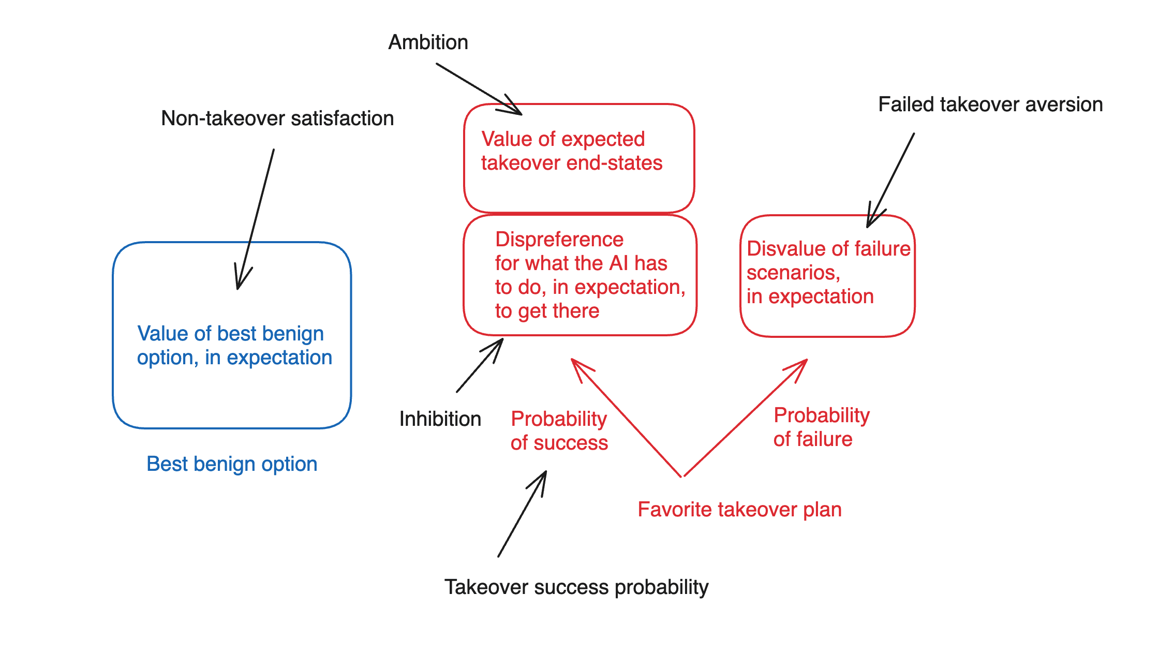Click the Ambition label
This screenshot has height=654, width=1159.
428,42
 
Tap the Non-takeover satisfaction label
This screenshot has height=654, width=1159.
277,118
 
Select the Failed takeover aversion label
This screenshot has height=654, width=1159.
990,105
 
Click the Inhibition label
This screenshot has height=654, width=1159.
440,419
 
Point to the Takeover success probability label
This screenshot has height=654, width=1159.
576,587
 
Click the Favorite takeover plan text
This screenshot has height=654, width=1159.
739,510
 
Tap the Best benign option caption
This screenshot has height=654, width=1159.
232,464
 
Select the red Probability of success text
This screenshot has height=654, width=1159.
559,430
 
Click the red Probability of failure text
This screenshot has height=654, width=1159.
821,427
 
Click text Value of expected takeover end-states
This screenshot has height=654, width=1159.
571,151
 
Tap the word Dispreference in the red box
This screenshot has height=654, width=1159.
559,240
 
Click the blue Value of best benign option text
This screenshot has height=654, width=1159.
234,345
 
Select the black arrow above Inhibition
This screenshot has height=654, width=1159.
480,365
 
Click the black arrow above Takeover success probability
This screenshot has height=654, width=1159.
522,514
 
